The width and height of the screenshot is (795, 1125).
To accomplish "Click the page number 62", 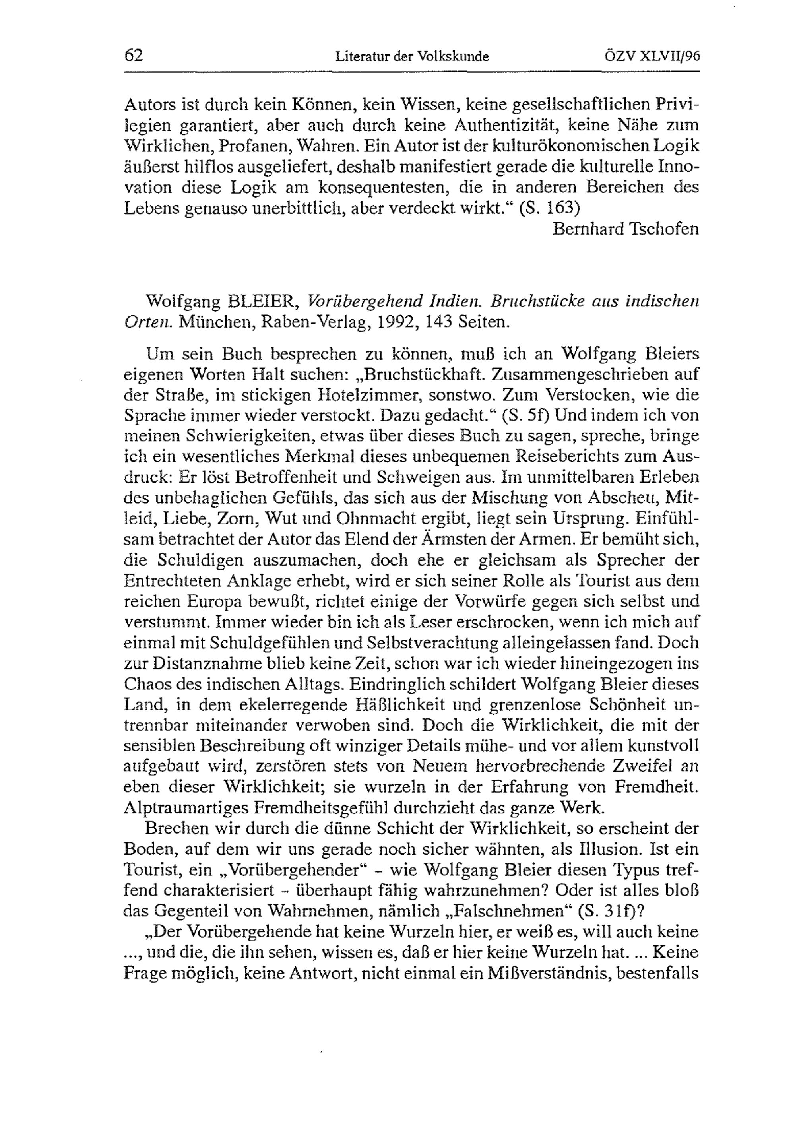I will (134, 56).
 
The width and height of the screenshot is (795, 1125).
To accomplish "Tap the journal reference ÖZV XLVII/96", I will (652, 56).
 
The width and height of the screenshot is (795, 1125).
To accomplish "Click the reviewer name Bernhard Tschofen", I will (626, 229).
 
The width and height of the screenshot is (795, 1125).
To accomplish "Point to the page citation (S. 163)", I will (550, 208).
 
